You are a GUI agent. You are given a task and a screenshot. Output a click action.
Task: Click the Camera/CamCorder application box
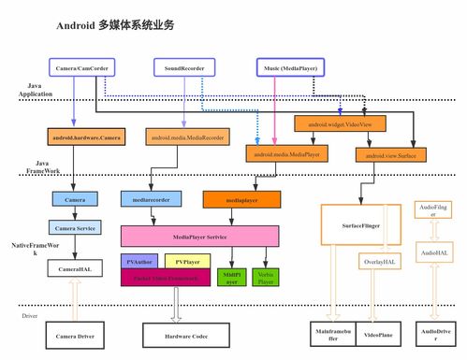click(x=80, y=68)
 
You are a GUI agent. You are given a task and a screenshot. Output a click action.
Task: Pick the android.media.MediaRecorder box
click(x=186, y=137)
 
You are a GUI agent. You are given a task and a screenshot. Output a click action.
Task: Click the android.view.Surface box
click(x=391, y=153)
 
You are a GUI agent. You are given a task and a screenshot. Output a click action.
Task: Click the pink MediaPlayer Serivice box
click(x=199, y=237)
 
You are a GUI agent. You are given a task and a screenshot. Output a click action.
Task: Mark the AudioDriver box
click(x=434, y=334)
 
